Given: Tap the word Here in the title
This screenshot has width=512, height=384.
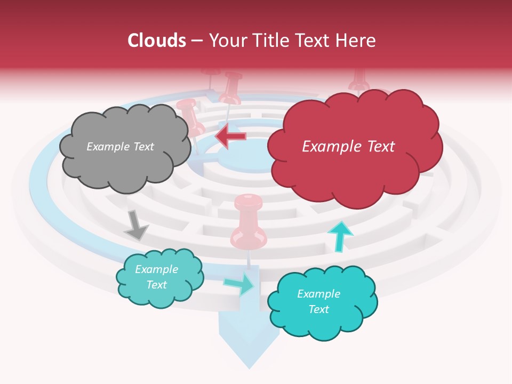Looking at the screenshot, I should point(357,41).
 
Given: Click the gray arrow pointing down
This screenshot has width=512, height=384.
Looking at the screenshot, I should point(135,225).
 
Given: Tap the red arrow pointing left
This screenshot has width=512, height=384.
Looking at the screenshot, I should point(231,137).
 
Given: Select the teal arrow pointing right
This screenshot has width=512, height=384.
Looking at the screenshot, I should point(239,284).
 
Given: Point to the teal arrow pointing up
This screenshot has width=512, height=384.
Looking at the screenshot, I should point(340,235).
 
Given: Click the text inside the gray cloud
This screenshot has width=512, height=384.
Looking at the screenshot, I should point(120,147).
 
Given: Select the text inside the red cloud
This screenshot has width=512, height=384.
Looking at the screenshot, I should point(348,147).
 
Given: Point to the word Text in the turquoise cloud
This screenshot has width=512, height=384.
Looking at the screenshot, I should point(319,309).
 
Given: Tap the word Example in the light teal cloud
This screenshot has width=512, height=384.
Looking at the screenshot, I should point(157,269).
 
